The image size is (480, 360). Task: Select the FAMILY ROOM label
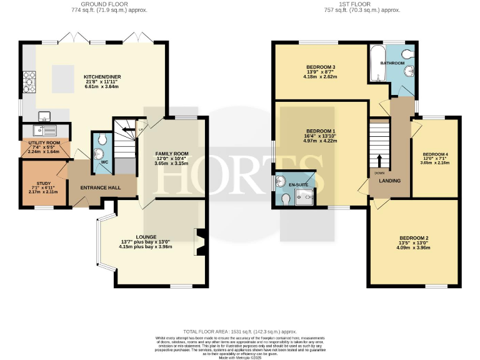[171, 153]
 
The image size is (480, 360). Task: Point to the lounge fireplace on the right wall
[201, 242]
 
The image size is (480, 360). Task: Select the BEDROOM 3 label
[321, 67]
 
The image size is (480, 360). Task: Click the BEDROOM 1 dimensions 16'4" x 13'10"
[321, 136]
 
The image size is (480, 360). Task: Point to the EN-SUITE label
[296, 185]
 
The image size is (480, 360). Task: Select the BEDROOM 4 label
[435, 154]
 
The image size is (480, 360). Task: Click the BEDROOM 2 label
[414, 238]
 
